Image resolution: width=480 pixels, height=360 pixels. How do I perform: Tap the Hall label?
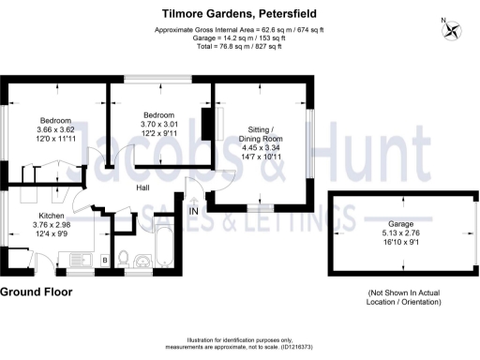click(144, 187)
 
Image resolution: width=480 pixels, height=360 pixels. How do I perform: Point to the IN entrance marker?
click(194, 212)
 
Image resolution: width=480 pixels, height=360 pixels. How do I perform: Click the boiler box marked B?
click(105, 258)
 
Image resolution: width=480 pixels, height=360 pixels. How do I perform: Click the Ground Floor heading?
click(37, 292)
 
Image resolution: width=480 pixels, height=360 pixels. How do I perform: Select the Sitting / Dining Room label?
click(260, 132)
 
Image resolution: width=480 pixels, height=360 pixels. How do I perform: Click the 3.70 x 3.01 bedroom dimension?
click(158, 124)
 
